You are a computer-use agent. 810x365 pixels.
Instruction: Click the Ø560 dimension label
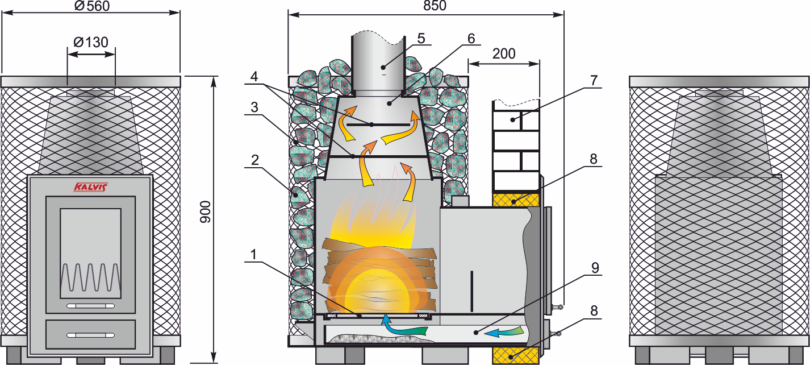(92, 6)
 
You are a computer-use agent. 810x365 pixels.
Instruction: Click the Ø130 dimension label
(91, 43)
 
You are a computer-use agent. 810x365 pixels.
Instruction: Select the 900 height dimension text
(205, 212)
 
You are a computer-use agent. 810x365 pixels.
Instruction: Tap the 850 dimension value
(435, 6)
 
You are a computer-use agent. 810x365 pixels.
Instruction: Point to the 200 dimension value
(504, 53)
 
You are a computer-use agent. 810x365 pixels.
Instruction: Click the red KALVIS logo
(91, 187)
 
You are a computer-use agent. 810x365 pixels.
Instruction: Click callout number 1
(253, 255)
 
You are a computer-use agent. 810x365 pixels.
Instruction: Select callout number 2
(255, 160)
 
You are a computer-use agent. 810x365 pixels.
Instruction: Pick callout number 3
(254, 107)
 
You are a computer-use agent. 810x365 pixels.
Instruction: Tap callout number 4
(254, 76)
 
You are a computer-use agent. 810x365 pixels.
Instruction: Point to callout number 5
(421, 39)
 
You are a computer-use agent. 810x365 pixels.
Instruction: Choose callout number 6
(471, 39)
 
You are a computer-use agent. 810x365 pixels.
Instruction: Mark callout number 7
(594, 80)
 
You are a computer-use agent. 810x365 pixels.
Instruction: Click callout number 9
(595, 268)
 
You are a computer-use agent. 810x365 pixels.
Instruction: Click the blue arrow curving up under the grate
(403, 327)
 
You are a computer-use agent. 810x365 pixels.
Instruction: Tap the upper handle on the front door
(90, 306)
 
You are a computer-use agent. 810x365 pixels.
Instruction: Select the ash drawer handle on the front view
(90, 335)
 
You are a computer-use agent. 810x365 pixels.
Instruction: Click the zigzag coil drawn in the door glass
(90, 277)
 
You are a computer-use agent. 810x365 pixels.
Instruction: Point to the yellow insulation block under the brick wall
(516, 200)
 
